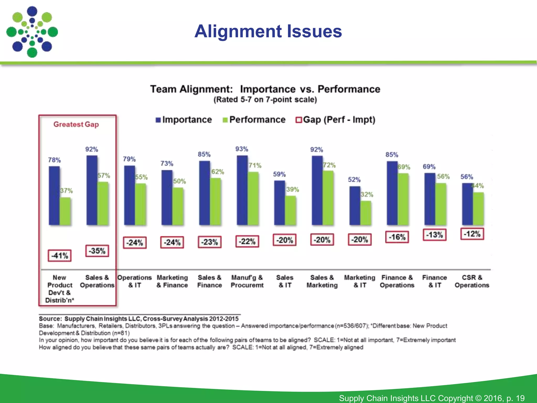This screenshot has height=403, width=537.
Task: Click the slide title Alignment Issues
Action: point(268,31)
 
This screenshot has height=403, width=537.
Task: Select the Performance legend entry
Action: point(254,120)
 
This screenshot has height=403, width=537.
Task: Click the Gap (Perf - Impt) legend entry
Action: point(336,120)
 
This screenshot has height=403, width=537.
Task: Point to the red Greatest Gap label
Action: point(76,124)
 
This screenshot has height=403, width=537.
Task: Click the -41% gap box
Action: point(60,256)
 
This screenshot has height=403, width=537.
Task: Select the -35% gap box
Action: point(97,251)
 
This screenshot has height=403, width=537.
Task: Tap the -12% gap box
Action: point(472,234)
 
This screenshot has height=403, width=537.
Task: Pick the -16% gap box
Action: point(397,237)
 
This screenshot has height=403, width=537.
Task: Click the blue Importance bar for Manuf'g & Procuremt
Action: point(242,190)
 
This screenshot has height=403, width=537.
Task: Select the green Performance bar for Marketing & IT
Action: point(366,213)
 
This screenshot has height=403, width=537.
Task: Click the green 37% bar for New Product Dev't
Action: point(65,211)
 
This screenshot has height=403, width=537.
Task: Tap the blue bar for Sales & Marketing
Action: point(317,190)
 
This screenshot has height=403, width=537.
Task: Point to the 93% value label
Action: point(241,149)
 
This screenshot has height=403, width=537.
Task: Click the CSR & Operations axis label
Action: point(472,281)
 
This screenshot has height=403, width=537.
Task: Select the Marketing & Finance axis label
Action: point(172,281)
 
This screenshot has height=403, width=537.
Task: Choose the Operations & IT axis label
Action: point(135,281)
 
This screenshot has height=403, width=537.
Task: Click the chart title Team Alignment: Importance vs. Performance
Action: point(265,89)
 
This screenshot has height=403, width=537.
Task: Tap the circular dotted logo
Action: point(32,32)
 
